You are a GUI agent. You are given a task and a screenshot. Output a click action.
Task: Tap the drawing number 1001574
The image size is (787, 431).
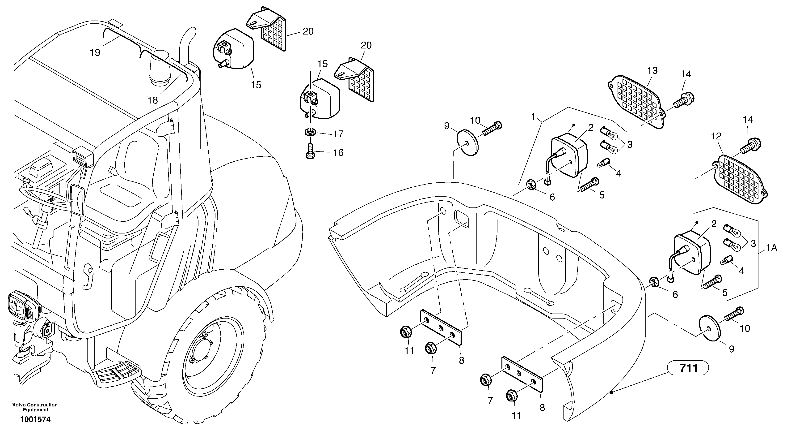pos(35,420)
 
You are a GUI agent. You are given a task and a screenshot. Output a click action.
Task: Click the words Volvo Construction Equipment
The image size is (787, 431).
pos(35,407)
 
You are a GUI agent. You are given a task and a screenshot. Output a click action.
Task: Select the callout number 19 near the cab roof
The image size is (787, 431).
pos(95,53)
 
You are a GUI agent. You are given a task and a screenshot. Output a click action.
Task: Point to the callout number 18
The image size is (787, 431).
pos(152,100)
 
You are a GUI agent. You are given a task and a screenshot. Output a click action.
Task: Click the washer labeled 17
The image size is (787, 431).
pos(310,133)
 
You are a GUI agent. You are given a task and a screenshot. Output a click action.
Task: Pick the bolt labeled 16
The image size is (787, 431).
pos(310,152)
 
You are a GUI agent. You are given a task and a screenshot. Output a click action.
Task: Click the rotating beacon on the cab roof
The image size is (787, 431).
pos(159,69)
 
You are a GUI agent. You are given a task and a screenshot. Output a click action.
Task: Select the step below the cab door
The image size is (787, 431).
pos(118,376)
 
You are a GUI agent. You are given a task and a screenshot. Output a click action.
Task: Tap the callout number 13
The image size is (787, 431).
pos(652,71)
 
